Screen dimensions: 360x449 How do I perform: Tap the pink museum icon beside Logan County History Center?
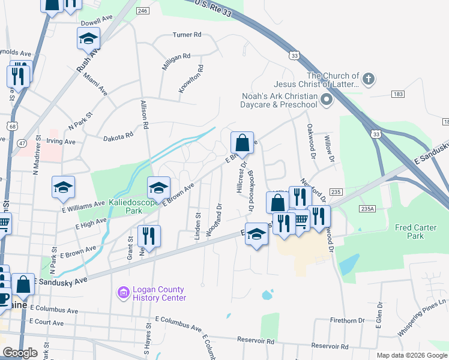[123, 293]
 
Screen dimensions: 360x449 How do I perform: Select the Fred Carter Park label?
[418, 232]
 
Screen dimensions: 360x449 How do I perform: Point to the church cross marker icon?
[369, 79]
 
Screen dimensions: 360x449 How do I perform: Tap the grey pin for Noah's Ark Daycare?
[327, 99]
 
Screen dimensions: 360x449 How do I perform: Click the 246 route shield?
[142, 11]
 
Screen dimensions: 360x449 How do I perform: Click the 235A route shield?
[368, 208]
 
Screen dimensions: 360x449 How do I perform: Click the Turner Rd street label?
[187, 34]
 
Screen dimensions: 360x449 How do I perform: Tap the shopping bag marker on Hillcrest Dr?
[242, 143]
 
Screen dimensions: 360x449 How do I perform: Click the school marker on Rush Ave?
[89, 38]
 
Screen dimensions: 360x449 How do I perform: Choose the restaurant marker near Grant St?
[149, 236]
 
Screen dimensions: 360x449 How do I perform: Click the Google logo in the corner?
[20, 353]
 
